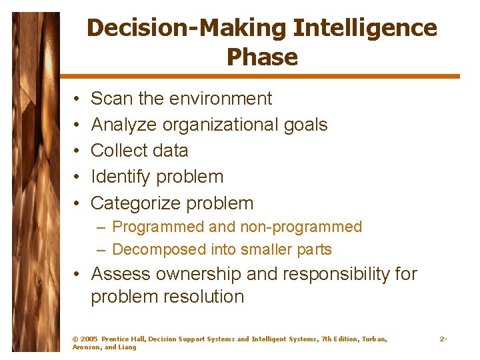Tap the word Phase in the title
262,57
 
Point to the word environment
221,99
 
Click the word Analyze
123,125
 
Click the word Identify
121,177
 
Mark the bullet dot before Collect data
77,151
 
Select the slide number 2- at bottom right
443,339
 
